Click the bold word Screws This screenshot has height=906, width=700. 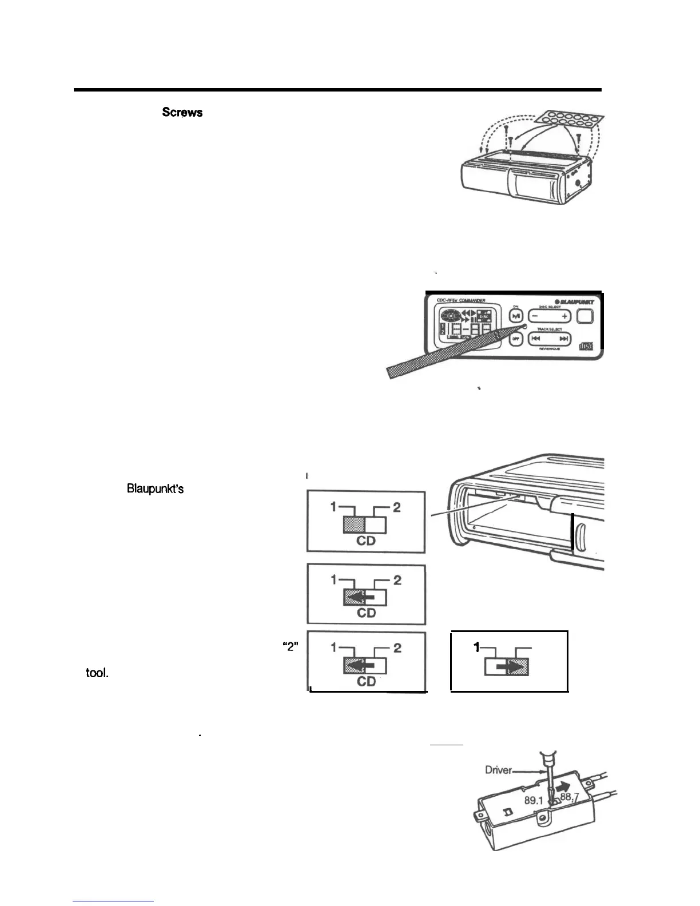coord(182,112)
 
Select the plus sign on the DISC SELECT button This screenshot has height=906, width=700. coord(564,316)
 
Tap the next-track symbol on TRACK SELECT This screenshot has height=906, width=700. coord(564,339)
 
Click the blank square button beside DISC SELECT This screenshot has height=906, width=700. coord(585,316)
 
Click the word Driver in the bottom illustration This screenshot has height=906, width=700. coord(498,770)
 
